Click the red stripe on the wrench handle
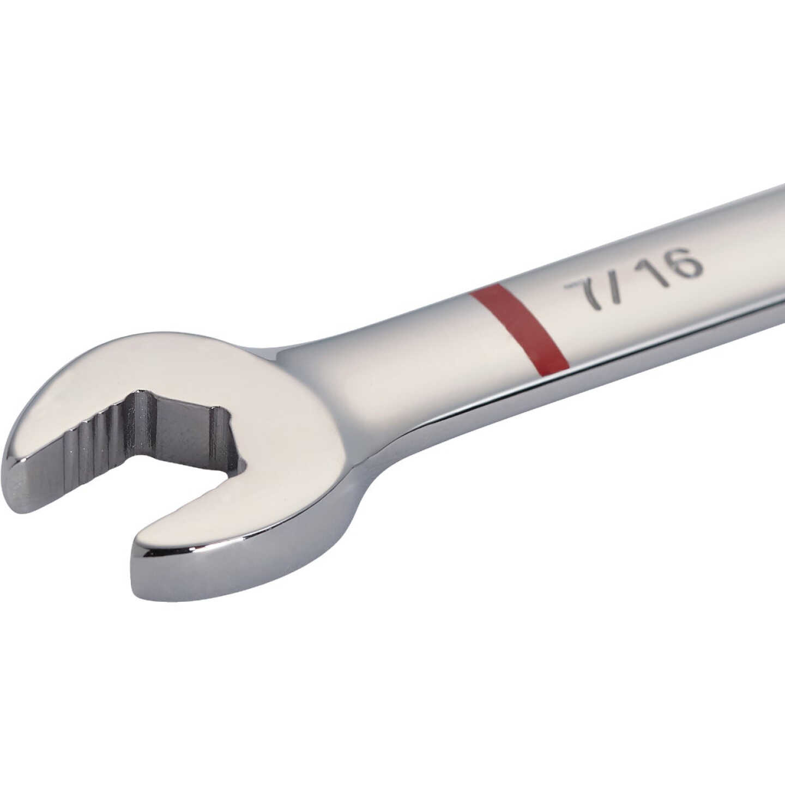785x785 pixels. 518,328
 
